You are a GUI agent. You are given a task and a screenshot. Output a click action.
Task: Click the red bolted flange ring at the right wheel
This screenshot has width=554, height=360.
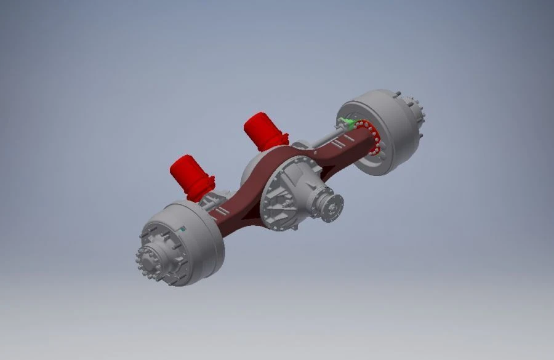pyautogui.click(x=375, y=140)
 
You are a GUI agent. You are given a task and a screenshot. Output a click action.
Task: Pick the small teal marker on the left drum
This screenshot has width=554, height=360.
pyautogui.click(x=183, y=229)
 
